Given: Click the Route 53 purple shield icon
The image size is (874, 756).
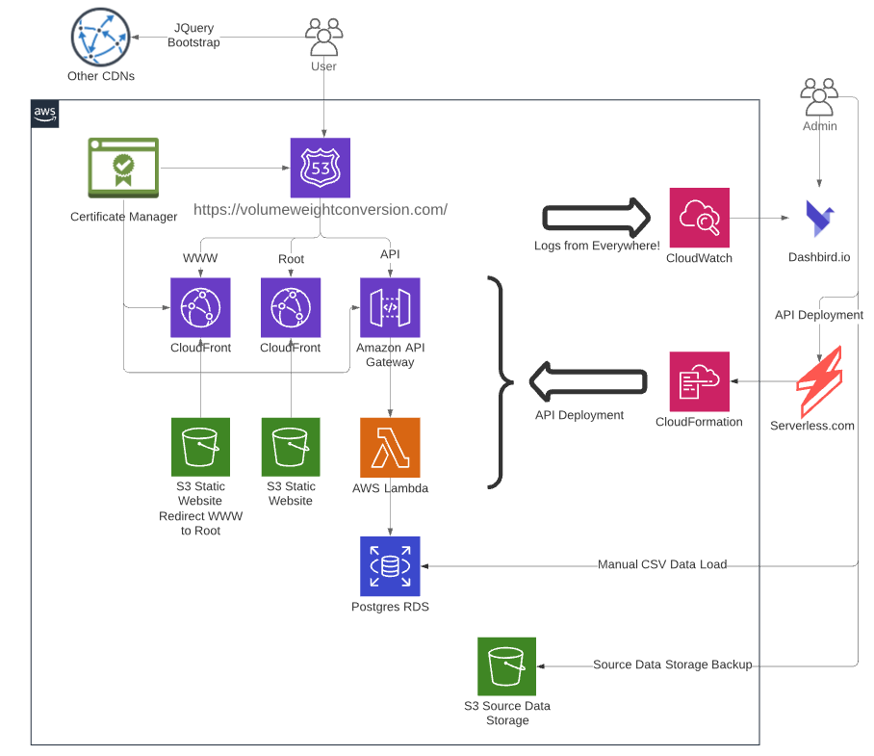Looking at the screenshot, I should click(321, 168).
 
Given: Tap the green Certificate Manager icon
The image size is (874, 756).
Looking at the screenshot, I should click(123, 169).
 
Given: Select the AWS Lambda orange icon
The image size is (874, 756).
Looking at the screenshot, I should click(390, 447).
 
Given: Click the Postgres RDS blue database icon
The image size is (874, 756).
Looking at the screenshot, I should click(390, 564).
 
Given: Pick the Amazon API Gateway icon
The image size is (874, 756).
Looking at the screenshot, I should click(390, 307).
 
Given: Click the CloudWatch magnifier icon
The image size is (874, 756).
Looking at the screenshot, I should click(699, 218).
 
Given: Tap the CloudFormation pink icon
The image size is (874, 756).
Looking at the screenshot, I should click(699, 381).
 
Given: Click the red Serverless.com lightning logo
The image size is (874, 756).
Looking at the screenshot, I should click(819, 381).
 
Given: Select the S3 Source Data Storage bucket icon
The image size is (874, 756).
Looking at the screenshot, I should click(506, 666).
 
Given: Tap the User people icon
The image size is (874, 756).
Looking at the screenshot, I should click(323, 38).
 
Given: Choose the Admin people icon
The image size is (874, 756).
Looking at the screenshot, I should click(819, 97).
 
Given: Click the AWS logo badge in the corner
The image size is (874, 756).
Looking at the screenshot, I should click(45, 114).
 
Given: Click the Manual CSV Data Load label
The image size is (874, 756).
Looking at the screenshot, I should click(662, 564).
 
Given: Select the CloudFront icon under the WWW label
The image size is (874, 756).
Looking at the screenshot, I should click(200, 307).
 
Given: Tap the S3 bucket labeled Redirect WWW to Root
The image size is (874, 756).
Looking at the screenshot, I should click(200, 447).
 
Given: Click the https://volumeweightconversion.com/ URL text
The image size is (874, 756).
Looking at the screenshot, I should click(321, 209).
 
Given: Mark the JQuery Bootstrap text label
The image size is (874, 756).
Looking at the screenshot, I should click(193, 36).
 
